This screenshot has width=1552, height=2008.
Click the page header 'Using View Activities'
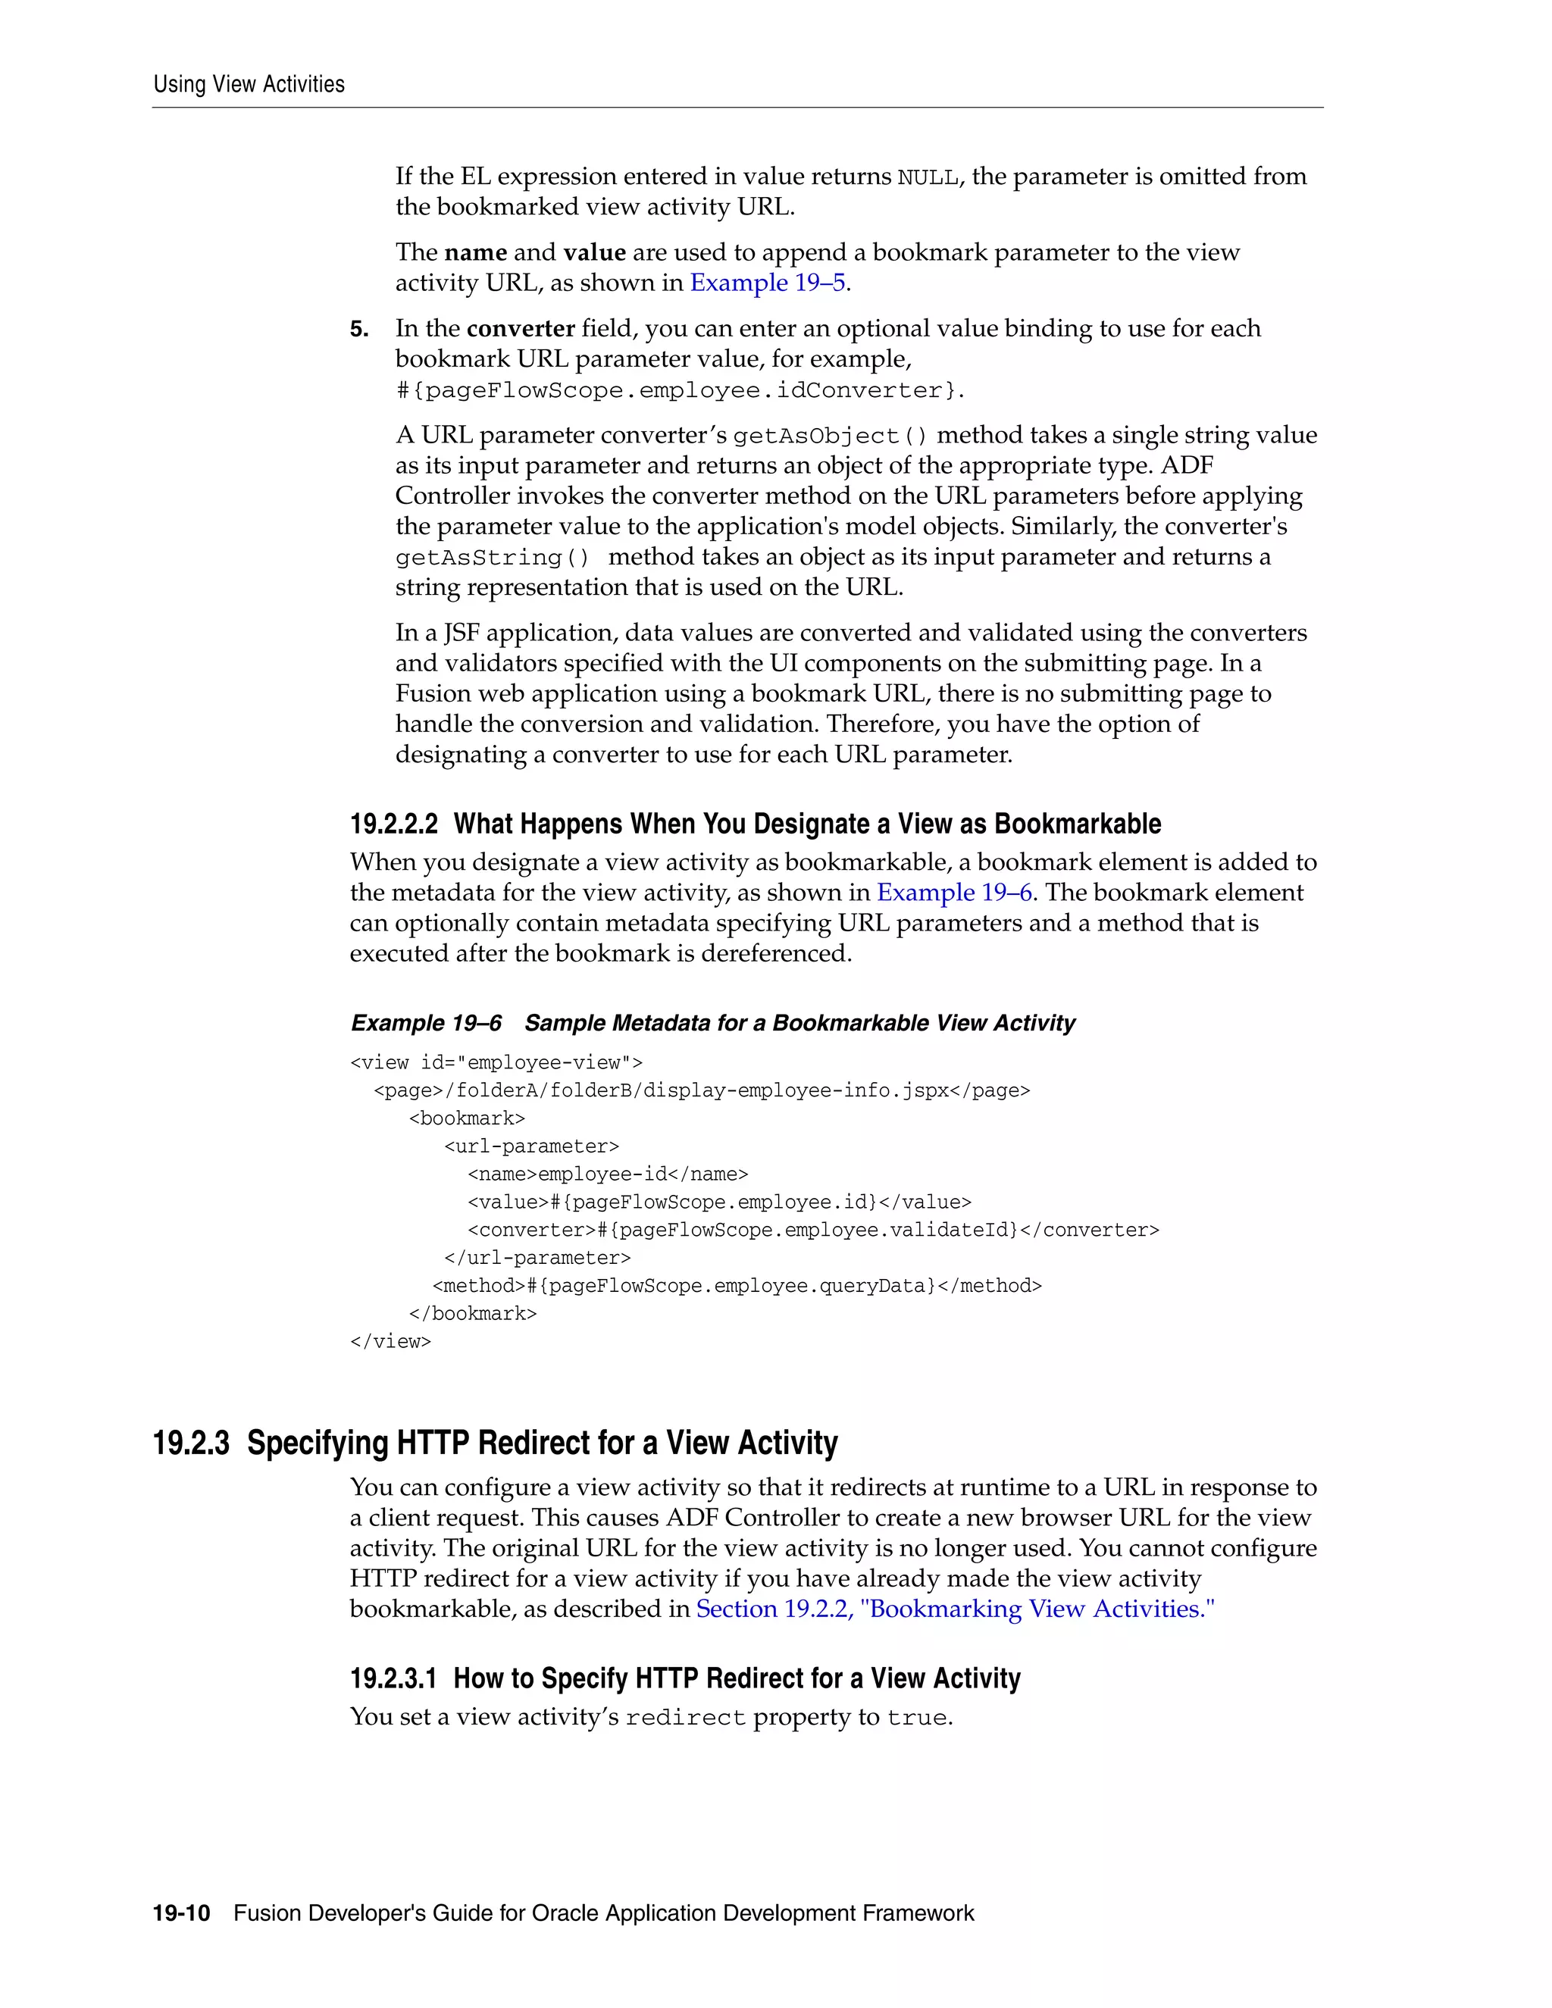[x=249, y=85]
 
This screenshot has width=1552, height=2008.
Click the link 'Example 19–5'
[x=768, y=283]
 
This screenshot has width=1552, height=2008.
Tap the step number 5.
[x=358, y=329]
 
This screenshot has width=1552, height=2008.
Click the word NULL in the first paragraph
[x=928, y=177]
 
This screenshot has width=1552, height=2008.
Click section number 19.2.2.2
[x=393, y=824]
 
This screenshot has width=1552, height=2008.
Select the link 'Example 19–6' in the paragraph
[x=954, y=893]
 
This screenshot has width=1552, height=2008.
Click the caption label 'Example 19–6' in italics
[x=427, y=1023]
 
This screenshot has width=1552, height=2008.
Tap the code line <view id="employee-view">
[x=496, y=1063]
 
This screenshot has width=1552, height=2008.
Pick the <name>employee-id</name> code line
[x=608, y=1174]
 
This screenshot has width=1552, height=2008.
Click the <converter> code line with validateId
[x=813, y=1230]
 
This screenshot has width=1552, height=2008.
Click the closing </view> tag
[x=390, y=1341]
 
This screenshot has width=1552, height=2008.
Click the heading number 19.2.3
[x=191, y=1443]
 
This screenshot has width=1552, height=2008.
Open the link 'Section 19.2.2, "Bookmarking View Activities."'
[x=954, y=1609]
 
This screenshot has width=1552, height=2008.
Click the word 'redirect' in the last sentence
[x=685, y=1719]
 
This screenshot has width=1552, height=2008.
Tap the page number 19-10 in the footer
[x=181, y=1914]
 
